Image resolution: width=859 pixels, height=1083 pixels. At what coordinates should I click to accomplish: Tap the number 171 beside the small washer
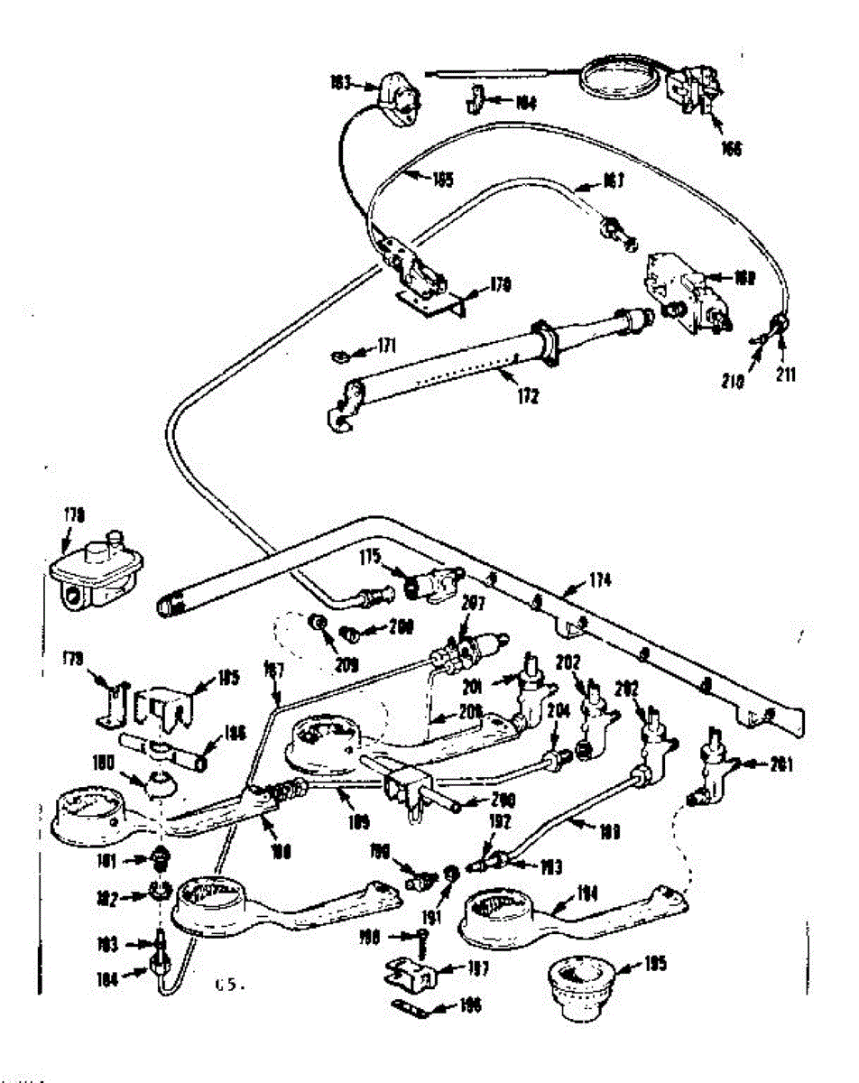pyautogui.click(x=387, y=346)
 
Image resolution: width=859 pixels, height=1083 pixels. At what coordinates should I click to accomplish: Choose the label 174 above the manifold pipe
pyautogui.click(x=597, y=582)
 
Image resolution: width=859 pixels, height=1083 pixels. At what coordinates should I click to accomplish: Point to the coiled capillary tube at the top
pyautogui.click(x=623, y=78)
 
